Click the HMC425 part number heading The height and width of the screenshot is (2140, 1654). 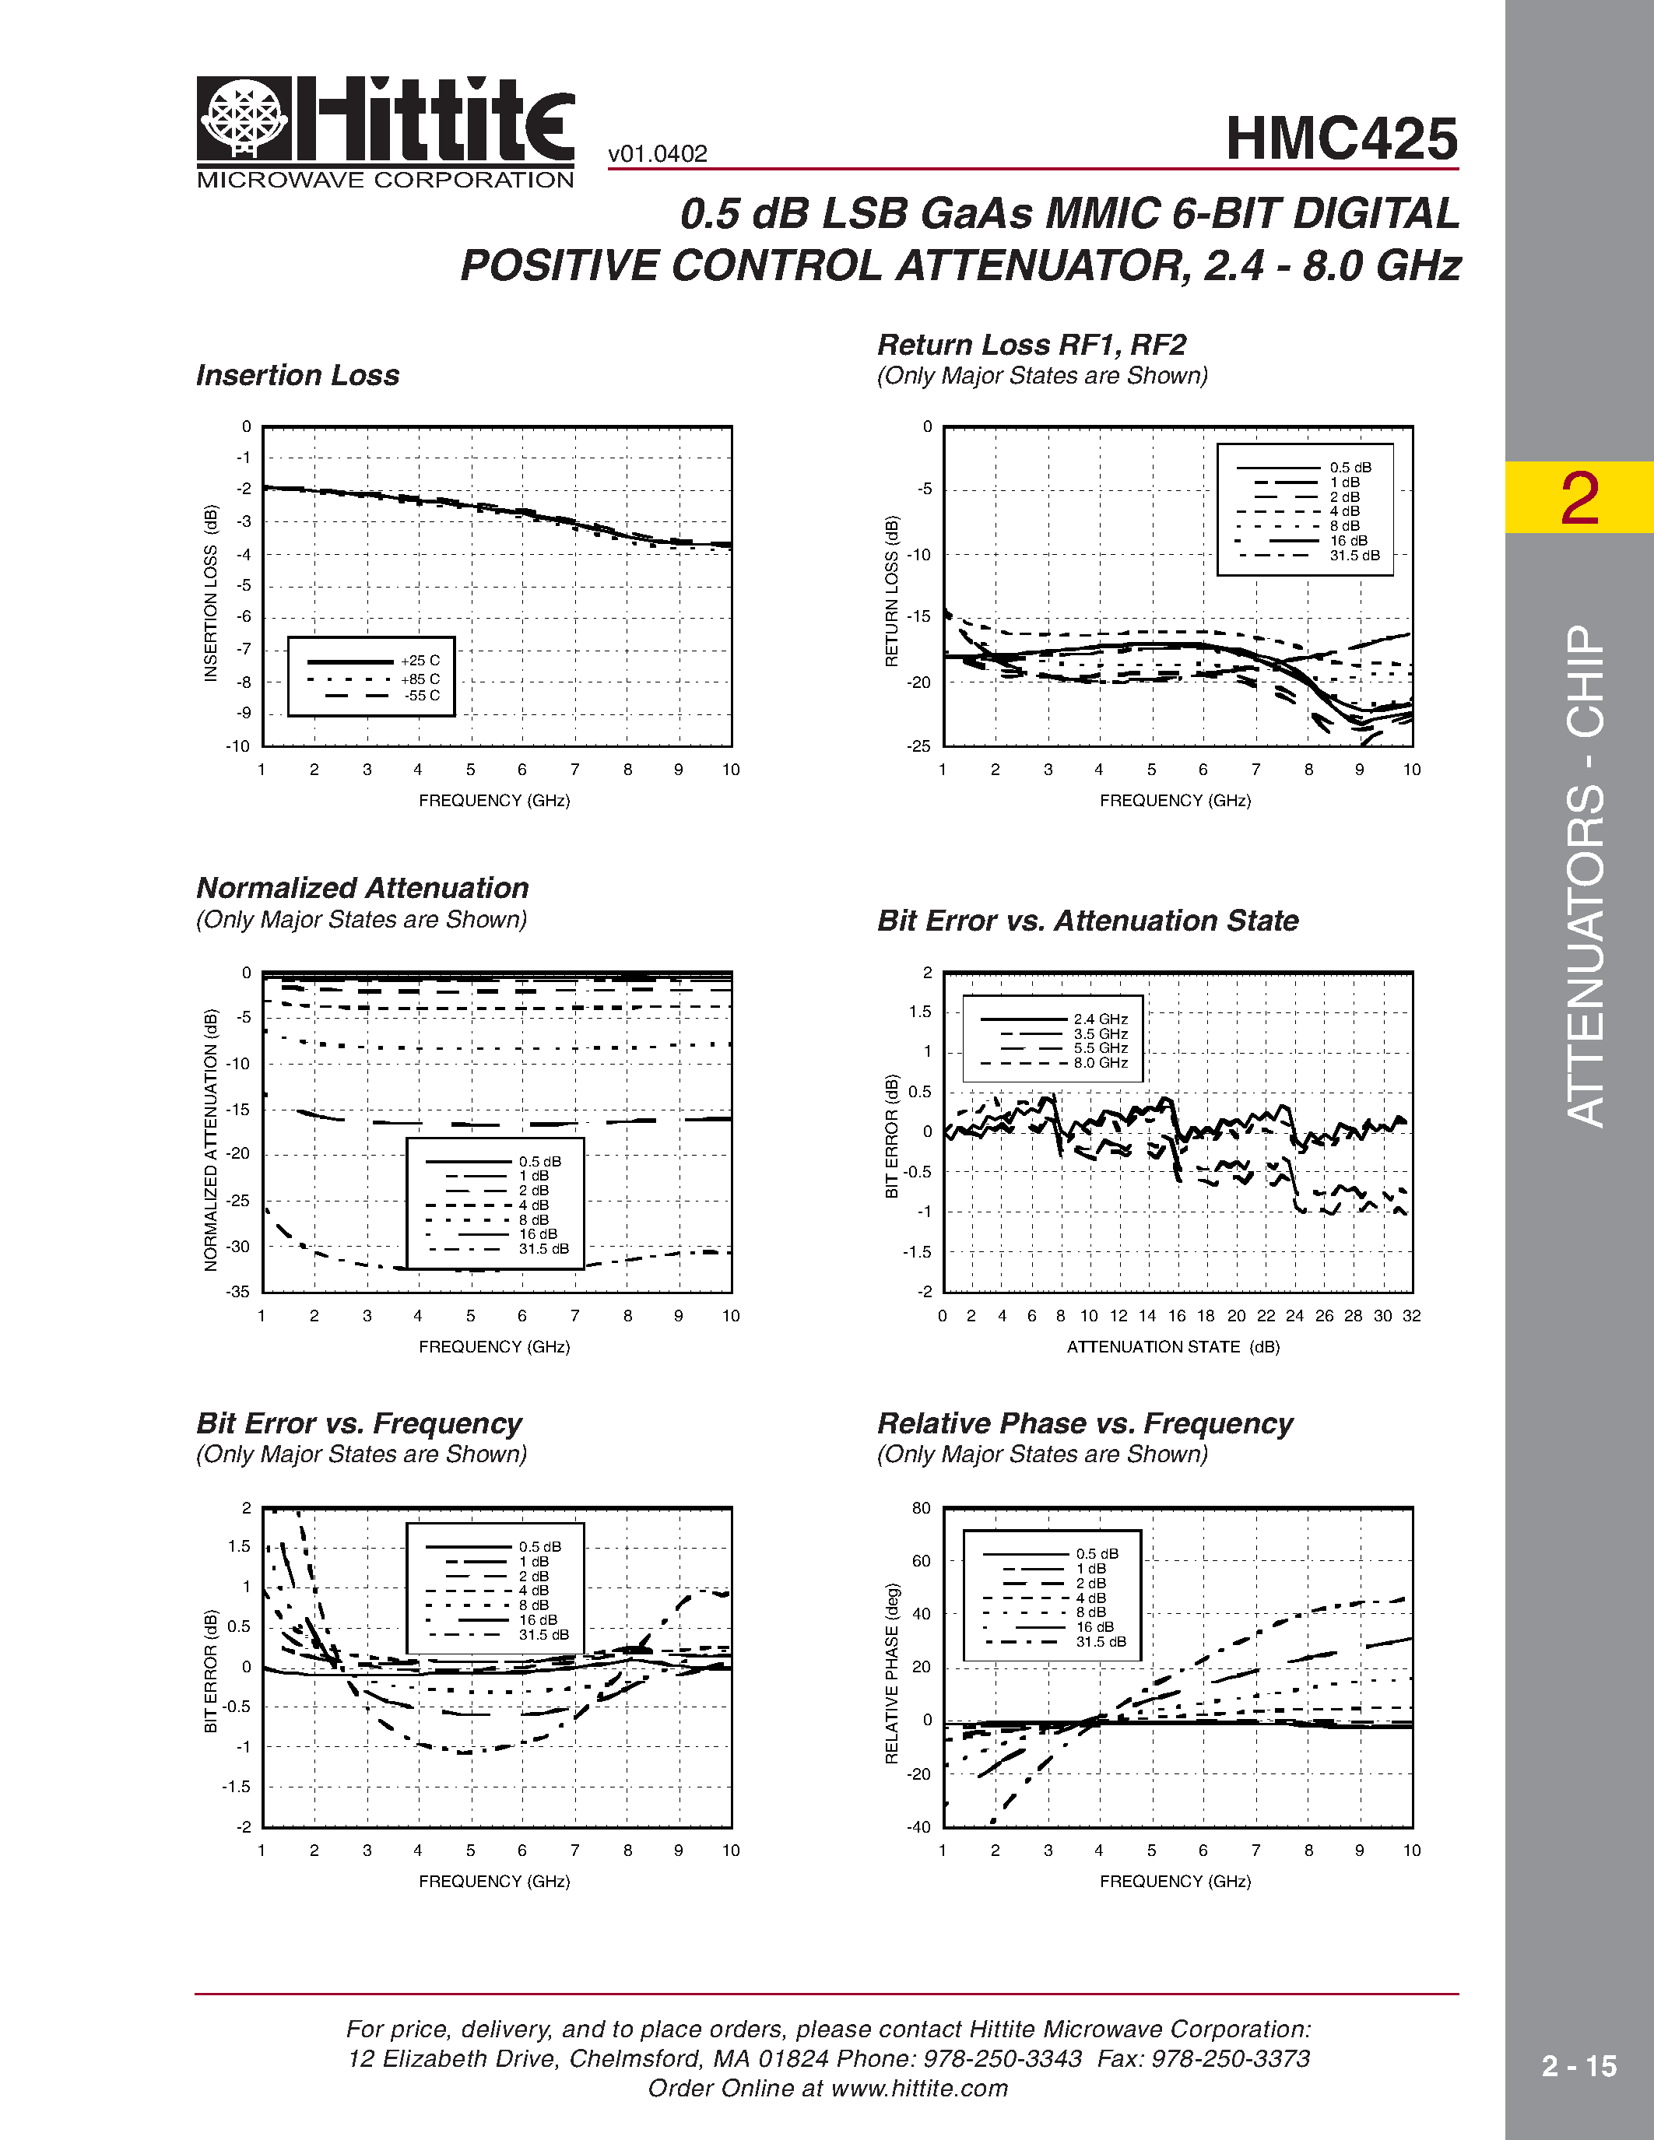tap(1340, 139)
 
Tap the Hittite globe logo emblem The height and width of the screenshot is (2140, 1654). tap(244, 118)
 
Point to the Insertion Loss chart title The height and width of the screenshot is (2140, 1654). tap(298, 375)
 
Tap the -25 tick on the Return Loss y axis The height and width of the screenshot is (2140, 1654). tap(918, 745)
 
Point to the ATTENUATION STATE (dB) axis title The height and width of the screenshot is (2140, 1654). tap(1173, 1346)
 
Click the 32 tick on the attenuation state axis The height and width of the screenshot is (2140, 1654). tap(1411, 1316)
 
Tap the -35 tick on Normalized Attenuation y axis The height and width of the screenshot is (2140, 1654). tap(237, 1292)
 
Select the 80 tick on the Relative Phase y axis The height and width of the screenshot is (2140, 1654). tap(920, 1508)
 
